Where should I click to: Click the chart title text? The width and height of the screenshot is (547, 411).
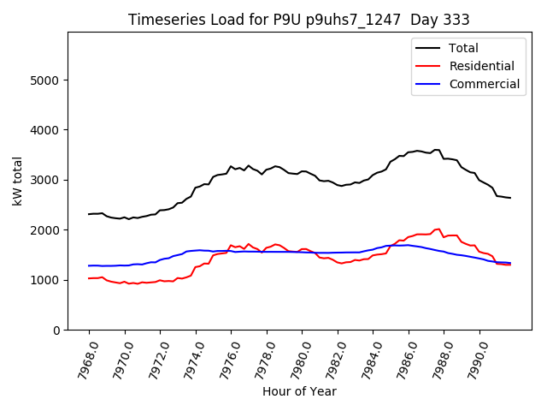tap(298, 20)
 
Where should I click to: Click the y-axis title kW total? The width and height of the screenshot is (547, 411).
tap(18, 181)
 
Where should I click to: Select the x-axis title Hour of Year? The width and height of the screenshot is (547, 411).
tap(298, 391)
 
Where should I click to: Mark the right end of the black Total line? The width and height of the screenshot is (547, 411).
tap(510, 198)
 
